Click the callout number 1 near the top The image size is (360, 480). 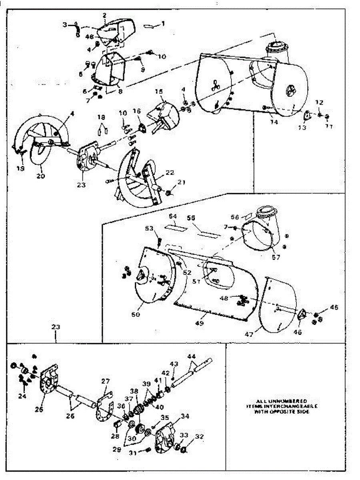163,24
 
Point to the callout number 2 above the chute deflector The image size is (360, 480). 104,16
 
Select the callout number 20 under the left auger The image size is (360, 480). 42,176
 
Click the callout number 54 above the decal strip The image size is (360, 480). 173,216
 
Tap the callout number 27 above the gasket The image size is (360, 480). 105,382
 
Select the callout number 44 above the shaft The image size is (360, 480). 192,356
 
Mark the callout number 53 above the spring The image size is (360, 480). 149,228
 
